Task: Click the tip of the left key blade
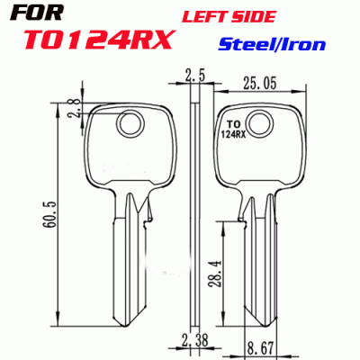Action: point(125,325)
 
